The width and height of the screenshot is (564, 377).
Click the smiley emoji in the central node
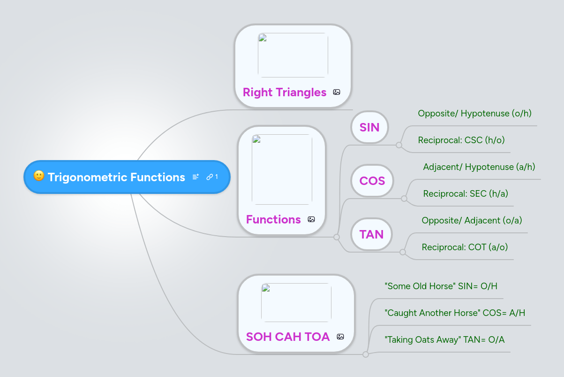tap(39, 177)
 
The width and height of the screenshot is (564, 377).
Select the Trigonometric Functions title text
tap(116, 177)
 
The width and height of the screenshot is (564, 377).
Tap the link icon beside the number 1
tap(210, 177)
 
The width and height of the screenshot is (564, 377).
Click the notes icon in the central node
tap(196, 177)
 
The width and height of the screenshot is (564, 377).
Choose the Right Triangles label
tap(284, 92)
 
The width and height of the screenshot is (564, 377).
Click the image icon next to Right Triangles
tap(337, 92)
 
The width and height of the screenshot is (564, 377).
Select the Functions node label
tap(273, 219)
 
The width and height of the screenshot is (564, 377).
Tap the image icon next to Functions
tap(311, 219)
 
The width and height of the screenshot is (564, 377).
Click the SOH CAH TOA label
tap(287, 337)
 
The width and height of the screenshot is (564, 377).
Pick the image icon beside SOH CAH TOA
tap(340, 337)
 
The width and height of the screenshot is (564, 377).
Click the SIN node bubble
tap(369, 127)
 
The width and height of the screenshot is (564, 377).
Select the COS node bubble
tap(372, 181)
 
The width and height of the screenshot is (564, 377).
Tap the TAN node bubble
tap(371, 234)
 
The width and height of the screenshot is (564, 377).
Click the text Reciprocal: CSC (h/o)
tap(461, 140)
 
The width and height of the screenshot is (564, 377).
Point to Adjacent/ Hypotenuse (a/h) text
tap(479, 167)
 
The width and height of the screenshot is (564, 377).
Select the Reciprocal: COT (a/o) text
tap(465, 247)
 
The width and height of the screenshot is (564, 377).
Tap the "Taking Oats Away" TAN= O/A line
tap(444, 339)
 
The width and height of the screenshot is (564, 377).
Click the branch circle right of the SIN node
tap(399, 145)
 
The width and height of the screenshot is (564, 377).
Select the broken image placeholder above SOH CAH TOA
tap(296, 302)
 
